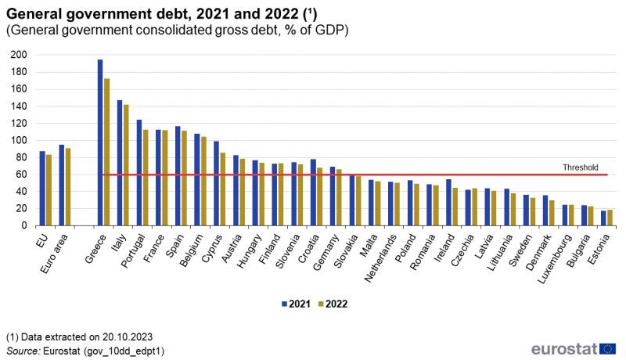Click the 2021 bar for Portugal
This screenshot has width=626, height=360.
(139, 172)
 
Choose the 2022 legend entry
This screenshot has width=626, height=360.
(334, 303)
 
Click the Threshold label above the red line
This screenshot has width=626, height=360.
(581, 167)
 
